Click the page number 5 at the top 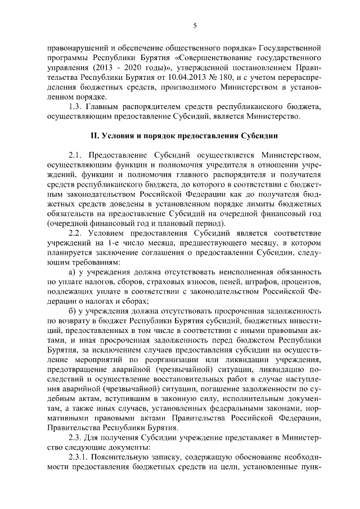(x=194, y=25)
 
